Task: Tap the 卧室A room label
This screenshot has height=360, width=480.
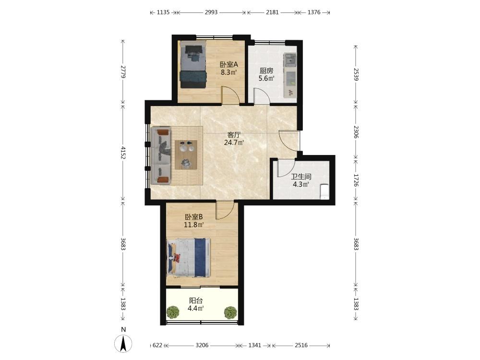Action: (229, 65)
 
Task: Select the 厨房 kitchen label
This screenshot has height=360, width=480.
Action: (266, 71)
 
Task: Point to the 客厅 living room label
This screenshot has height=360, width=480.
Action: (234, 135)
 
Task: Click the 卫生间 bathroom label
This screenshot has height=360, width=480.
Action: (301, 177)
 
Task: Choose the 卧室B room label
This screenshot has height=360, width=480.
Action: (194, 217)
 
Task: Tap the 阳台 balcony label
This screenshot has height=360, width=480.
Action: (196, 300)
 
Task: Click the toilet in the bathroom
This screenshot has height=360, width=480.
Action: (324, 192)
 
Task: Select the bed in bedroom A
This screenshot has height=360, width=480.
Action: (193, 65)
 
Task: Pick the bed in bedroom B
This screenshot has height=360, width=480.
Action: (189, 258)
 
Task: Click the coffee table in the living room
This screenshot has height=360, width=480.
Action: (186, 155)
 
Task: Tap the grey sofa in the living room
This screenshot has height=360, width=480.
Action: (161, 156)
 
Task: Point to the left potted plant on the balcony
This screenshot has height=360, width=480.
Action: (173, 312)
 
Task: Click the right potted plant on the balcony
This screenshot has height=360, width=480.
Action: (230, 312)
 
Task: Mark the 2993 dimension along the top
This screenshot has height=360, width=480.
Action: (211, 12)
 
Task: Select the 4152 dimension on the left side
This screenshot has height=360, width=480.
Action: (123, 153)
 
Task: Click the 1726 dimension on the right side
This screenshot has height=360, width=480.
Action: (356, 180)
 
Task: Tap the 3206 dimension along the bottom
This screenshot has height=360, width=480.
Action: (202, 345)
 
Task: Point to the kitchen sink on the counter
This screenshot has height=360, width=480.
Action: (290, 60)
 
